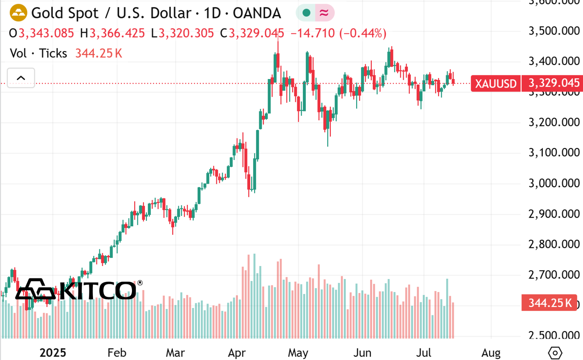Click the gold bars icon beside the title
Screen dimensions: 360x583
(x=18, y=13)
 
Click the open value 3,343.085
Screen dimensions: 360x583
(x=46, y=33)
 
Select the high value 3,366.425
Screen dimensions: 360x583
(x=117, y=33)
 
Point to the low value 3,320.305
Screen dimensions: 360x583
(x=186, y=33)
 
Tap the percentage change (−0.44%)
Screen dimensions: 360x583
(x=362, y=33)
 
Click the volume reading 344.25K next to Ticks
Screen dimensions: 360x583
(x=99, y=53)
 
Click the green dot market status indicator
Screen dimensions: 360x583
(x=306, y=13)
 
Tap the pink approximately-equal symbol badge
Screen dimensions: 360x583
(x=324, y=13)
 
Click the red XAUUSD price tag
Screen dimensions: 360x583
(x=495, y=83)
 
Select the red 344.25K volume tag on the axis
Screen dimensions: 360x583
(x=550, y=303)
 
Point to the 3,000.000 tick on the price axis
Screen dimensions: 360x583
(x=554, y=183)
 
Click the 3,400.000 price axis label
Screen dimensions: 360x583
(x=554, y=61)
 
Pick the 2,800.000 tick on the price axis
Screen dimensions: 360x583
(x=554, y=244)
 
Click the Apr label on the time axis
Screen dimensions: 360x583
(x=237, y=353)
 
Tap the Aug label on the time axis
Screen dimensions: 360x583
(x=491, y=353)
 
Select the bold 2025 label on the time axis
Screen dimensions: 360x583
(x=53, y=353)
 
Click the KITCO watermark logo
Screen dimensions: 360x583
(x=79, y=290)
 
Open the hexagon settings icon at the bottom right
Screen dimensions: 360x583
(x=555, y=353)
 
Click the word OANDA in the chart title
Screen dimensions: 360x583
(x=257, y=13)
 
